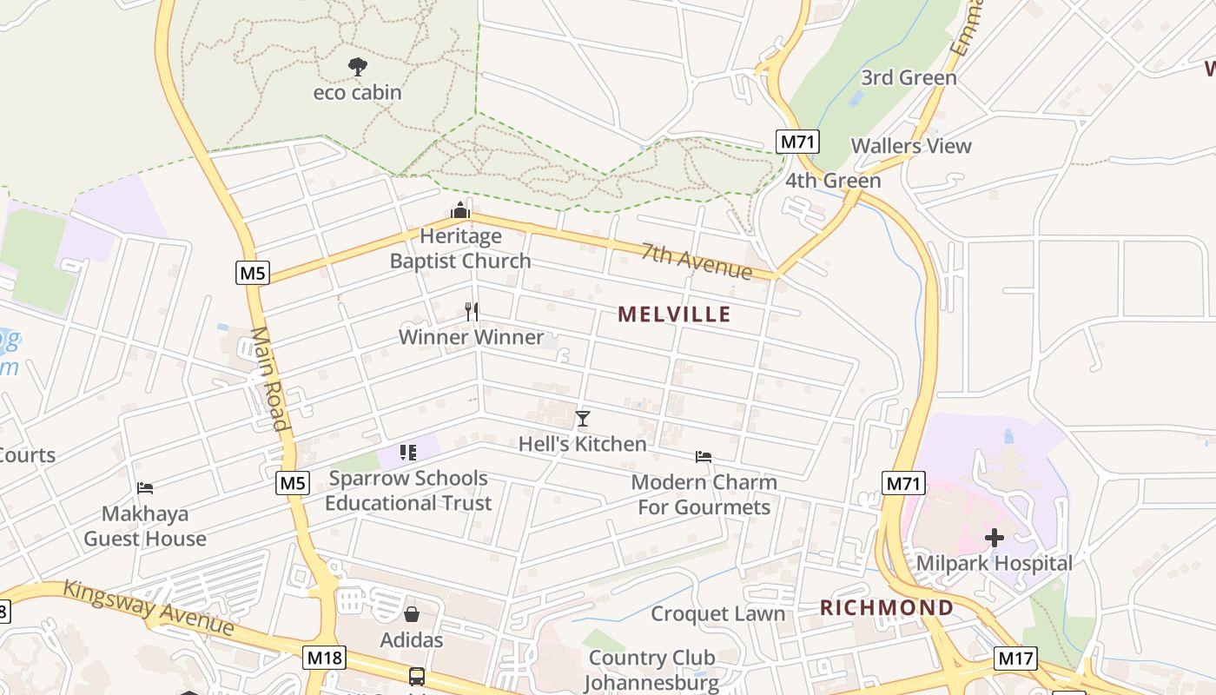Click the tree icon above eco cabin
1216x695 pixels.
pyautogui.click(x=357, y=66)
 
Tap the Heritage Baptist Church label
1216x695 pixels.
pyautogui.click(x=460, y=248)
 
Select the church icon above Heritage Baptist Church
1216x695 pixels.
pyautogui.click(x=460, y=210)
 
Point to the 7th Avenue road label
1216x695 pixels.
pyautogui.click(x=697, y=261)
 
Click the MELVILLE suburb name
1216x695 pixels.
pyautogui.click(x=675, y=314)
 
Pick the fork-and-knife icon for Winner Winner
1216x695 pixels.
pyautogui.click(x=472, y=311)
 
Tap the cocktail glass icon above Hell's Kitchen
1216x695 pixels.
pyautogui.click(x=583, y=419)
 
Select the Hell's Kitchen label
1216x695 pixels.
pyautogui.click(x=583, y=444)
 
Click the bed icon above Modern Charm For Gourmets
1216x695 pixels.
pyautogui.click(x=704, y=456)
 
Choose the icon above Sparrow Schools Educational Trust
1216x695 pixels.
pyautogui.click(x=408, y=453)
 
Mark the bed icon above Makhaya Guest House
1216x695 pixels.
pyautogui.click(x=145, y=488)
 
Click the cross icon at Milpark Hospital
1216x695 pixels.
pyautogui.click(x=995, y=538)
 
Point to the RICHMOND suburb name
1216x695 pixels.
pyautogui.click(x=887, y=607)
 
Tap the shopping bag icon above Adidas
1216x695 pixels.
pyautogui.click(x=412, y=614)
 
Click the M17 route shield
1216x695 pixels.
pyautogui.click(x=1016, y=658)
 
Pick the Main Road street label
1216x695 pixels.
pyautogui.click(x=269, y=379)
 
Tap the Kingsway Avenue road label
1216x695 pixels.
pyautogui.click(x=149, y=607)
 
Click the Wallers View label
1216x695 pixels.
pyautogui.click(x=911, y=146)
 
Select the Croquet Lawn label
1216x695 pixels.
pyautogui.click(x=718, y=614)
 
